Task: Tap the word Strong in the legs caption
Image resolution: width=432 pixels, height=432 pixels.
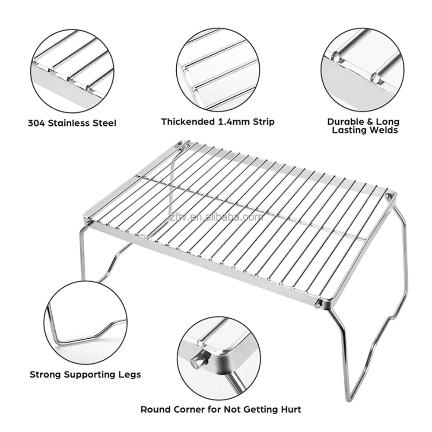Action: click(45, 374)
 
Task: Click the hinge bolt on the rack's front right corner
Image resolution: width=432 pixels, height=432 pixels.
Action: click(318, 304)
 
